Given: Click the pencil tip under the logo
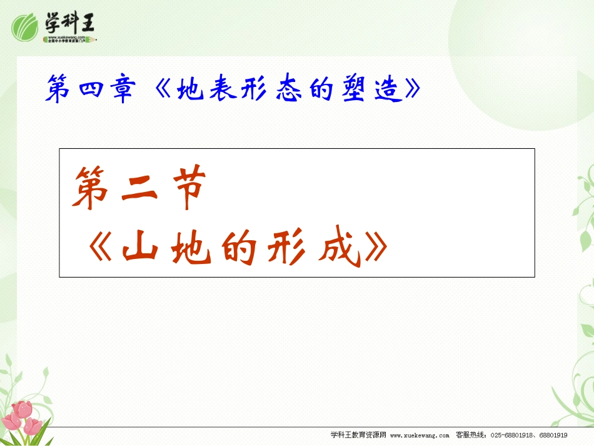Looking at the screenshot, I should (x=96, y=39).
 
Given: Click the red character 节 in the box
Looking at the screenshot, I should (x=185, y=190).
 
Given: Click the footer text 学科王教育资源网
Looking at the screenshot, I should (x=358, y=435).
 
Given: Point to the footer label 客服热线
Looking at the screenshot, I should (x=470, y=435).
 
